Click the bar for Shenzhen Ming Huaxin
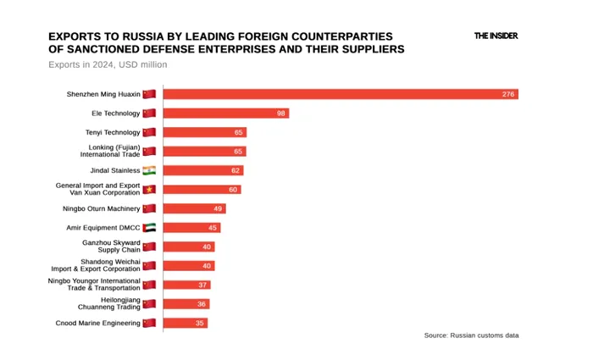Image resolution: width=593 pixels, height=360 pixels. [339, 94]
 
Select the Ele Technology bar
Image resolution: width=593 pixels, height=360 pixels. [225, 113]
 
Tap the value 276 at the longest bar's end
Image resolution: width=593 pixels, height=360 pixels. [508, 94]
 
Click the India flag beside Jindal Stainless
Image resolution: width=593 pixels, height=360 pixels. [149, 170]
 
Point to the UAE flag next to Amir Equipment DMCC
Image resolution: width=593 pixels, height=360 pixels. [149, 227]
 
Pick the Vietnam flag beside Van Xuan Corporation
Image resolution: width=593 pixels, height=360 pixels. [149, 189]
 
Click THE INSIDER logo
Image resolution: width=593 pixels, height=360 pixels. [496, 36]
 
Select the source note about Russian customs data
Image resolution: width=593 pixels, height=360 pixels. [471, 335]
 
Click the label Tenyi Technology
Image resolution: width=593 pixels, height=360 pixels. [113, 132]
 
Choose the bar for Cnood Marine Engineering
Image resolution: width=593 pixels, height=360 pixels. [185, 323]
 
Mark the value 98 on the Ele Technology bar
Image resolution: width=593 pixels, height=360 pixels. [281, 113]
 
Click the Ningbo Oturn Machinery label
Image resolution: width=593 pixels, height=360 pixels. [102, 208]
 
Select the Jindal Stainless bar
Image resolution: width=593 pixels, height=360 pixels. [202, 170]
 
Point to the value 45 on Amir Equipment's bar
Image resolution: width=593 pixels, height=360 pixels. [213, 227]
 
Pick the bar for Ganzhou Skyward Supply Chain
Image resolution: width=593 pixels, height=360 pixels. [188, 246]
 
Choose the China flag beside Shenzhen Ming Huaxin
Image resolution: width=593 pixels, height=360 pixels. [149, 94]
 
